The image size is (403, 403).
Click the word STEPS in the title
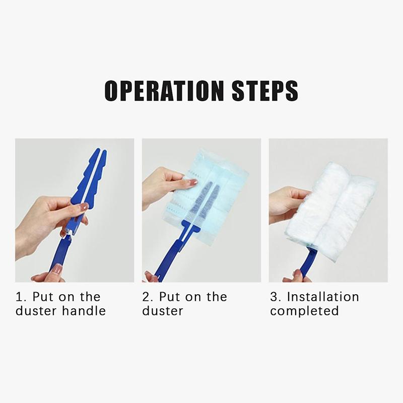[265, 91]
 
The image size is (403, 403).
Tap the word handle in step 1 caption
[84, 311]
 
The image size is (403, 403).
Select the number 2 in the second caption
[147, 297]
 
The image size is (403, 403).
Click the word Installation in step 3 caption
[323, 297]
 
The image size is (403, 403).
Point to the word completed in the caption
[304, 311]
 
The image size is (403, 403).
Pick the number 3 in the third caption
[275, 297]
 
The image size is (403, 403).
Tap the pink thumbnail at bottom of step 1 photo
[58, 269]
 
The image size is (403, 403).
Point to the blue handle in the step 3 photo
[307, 265]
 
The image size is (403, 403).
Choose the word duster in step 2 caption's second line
[163, 311]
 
